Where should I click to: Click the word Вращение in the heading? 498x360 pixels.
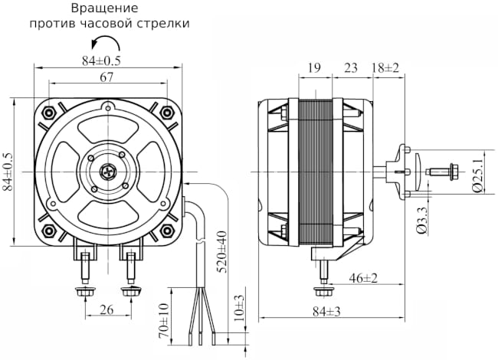point(104,8)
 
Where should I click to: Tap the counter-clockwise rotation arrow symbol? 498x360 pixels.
point(106,43)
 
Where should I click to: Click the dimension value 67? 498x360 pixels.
point(106,77)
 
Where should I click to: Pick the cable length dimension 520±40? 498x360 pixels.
point(221,252)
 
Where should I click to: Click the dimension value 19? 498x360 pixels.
point(314,68)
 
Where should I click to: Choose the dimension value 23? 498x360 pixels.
point(351,68)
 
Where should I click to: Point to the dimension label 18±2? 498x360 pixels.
point(386,68)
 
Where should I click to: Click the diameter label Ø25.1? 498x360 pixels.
point(477,173)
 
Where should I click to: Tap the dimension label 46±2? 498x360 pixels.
point(363,277)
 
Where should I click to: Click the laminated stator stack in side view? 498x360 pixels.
point(314,173)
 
